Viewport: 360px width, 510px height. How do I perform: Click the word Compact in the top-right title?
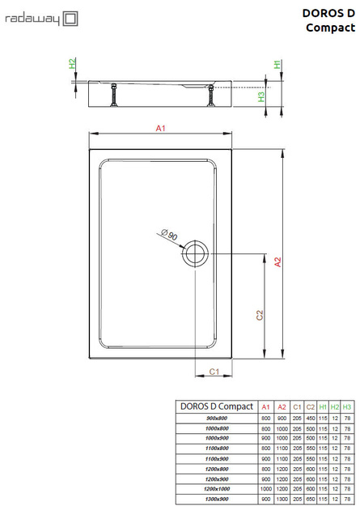(332, 28)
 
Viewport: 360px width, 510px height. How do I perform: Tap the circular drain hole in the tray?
(194, 253)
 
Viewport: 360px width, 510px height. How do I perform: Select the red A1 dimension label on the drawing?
(160, 128)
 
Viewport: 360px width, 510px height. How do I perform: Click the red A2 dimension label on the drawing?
(277, 261)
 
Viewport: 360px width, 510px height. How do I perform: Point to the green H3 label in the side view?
(261, 96)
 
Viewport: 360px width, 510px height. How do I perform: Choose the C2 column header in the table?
(311, 406)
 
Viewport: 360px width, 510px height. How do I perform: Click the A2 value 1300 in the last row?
(282, 499)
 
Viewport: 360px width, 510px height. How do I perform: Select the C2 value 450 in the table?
(311, 417)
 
